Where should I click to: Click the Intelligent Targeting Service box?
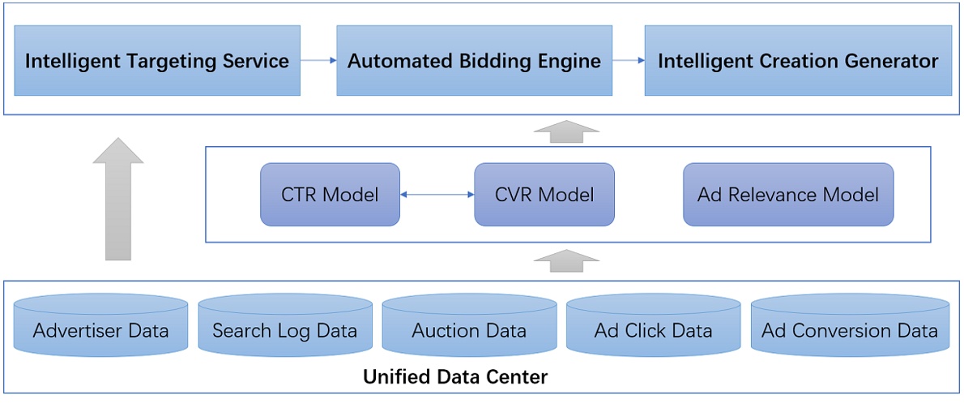(x=157, y=61)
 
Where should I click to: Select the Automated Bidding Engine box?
(x=474, y=61)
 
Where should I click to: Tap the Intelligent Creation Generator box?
(x=798, y=61)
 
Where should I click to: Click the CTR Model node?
(x=330, y=195)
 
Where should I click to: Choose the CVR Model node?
(x=544, y=195)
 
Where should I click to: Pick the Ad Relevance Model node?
(x=788, y=195)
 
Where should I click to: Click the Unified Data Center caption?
(x=455, y=377)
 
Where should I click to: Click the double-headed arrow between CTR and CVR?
(x=437, y=195)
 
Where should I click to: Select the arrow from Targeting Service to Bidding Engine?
(x=318, y=60)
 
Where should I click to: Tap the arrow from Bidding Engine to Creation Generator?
(x=628, y=60)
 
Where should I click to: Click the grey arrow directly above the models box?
(x=567, y=131)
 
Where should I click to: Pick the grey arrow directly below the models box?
(x=567, y=260)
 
